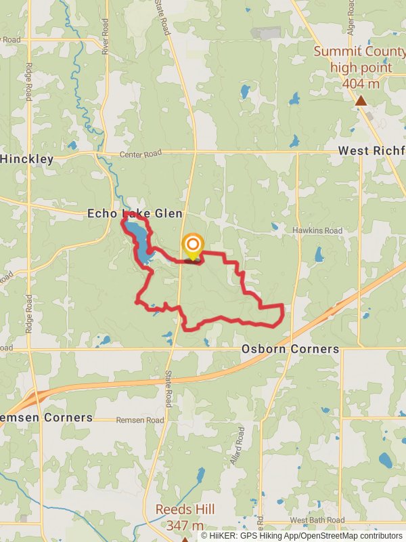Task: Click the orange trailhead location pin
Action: [193, 245]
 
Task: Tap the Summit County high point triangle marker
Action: [361, 101]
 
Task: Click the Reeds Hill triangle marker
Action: [184, 539]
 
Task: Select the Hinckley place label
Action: [27, 159]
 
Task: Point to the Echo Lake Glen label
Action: [135, 213]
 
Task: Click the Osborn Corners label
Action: [290, 349]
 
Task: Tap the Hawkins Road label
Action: [317, 231]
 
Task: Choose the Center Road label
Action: [143, 155]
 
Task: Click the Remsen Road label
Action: [140, 420]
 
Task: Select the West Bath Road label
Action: [315, 520]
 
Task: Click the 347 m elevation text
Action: [184, 526]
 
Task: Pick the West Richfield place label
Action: [371, 150]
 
